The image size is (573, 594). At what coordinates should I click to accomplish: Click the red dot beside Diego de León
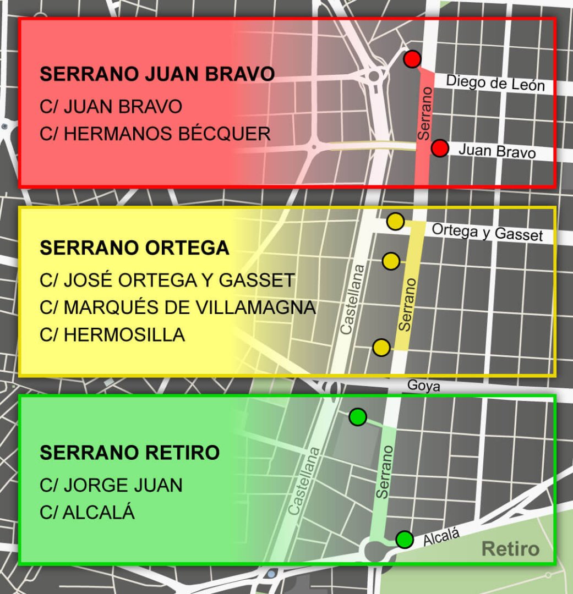tap(412, 59)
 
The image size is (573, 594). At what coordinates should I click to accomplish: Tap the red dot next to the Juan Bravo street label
tap(439, 148)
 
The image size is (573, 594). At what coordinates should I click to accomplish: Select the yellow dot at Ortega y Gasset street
tap(395, 222)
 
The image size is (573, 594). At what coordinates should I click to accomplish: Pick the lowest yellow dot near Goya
tap(381, 348)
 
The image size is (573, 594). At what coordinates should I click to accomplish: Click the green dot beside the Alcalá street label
tap(405, 540)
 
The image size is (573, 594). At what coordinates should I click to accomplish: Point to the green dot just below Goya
tap(358, 417)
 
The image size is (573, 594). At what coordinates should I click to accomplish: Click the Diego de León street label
tap(495, 82)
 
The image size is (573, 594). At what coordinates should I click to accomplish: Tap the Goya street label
tap(423, 386)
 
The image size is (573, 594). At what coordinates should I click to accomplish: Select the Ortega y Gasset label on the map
tap(487, 232)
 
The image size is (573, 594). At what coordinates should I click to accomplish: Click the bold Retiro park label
tap(510, 549)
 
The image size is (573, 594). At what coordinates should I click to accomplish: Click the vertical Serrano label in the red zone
tap(424, 112)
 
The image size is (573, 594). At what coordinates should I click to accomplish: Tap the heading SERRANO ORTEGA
tap(134, 248)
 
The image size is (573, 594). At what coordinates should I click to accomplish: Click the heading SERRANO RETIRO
tap(130, 453)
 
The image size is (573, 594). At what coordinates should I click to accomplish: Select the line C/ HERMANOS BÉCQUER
tap(155, 134)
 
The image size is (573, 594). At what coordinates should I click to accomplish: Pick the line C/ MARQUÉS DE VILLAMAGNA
tap(178, 307)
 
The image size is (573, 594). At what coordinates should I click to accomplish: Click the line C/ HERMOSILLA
tap(112, 334)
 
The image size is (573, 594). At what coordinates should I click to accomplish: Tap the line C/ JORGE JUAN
tap(111, 485)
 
